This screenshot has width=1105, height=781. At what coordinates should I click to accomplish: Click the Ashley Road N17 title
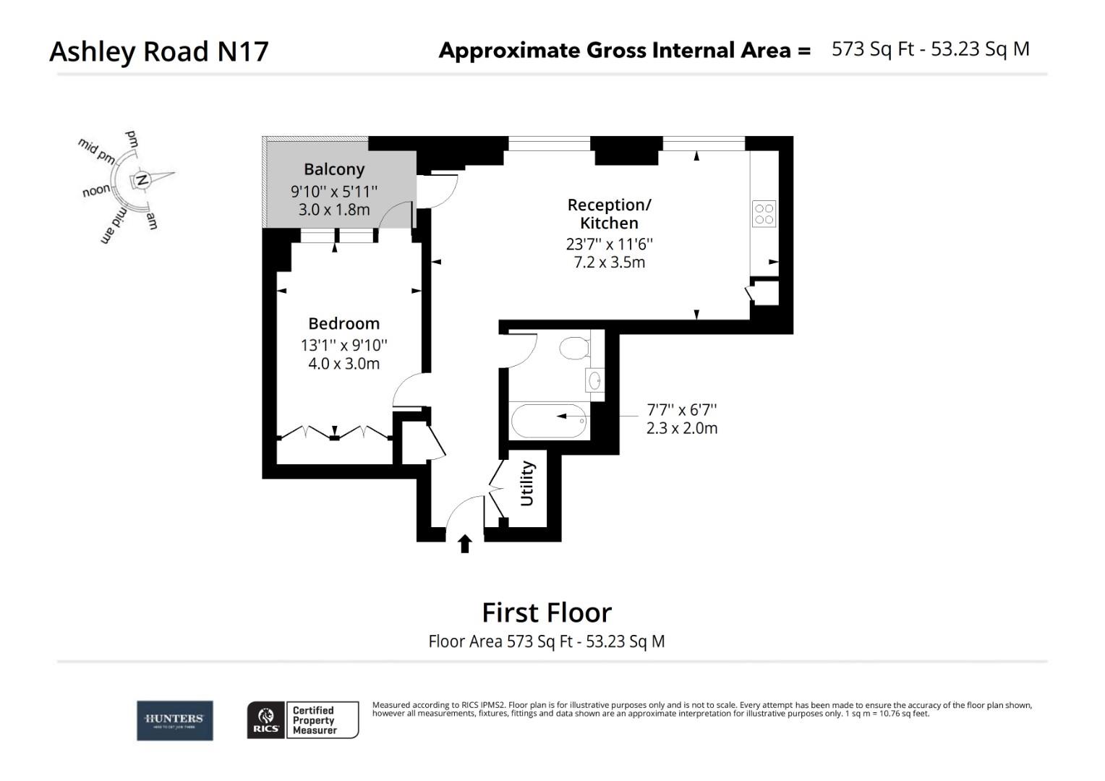(x=159, y=51)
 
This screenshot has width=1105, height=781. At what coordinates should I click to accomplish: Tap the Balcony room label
(x=334, y=169)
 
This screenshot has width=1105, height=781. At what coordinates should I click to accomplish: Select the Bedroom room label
(x=344, y=324)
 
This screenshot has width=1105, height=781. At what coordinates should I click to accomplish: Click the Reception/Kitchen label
(x=609, y=214)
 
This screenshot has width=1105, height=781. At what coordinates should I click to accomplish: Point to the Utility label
(x=527, y=484)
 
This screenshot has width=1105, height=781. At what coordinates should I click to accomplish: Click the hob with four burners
(x=764, y=214)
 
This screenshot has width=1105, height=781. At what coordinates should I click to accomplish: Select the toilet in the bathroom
(x=576, y=347)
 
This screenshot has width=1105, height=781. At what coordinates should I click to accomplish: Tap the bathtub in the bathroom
(x=549, y=421)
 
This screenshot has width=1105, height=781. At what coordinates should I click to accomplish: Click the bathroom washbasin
(x=595, y=380)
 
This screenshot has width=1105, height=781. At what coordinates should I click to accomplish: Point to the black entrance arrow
(x=465, y=543)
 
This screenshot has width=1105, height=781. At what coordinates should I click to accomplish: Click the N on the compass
(x=142, y=180)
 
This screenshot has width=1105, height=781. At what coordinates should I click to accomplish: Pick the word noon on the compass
(x=96, y=191)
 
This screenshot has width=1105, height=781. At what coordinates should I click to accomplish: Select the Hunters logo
(x=175, y=720)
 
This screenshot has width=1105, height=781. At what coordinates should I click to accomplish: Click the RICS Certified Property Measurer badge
(x=303, y=720)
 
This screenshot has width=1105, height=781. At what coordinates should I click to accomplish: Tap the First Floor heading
(x=547, y=613)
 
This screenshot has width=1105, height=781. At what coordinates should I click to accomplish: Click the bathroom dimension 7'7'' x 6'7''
(x=682, y=410)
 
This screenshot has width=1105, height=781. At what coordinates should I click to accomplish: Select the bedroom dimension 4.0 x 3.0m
(x=344, y=364)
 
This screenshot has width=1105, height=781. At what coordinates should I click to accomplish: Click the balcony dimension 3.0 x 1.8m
(x=334, y=210)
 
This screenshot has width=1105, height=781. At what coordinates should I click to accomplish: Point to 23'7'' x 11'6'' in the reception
(x=609, y=244)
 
